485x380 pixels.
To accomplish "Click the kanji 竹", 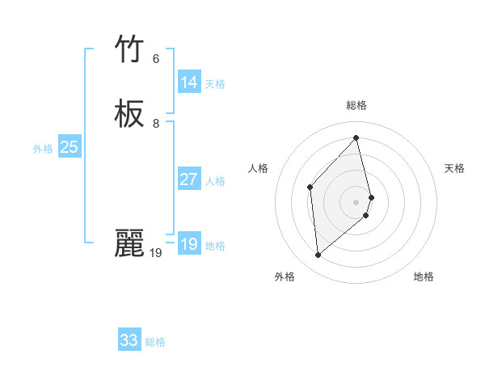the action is [129, 50].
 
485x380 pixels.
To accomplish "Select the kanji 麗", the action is [129, 243].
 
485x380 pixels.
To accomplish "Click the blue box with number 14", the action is [189, 82].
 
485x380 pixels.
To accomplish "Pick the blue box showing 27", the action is [189, 179].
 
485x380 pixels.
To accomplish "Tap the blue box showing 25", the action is [69, 147].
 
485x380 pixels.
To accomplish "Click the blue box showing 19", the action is [189, 244].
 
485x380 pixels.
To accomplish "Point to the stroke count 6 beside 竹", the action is [156, 59].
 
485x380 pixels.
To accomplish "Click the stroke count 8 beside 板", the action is [156, 124].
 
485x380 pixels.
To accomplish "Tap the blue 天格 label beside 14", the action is [215, 84].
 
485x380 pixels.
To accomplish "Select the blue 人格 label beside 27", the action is [215, 181].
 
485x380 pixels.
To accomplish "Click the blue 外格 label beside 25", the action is [43, 149].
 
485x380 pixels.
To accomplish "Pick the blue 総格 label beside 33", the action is [155, 342].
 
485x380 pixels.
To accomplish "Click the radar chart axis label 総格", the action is [356, 105].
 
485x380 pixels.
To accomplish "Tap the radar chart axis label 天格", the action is [454, 168].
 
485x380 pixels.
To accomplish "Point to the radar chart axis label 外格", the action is [285, 277].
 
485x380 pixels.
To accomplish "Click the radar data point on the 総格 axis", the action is [356, 138].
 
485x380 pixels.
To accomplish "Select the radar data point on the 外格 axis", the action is [318, 255].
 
